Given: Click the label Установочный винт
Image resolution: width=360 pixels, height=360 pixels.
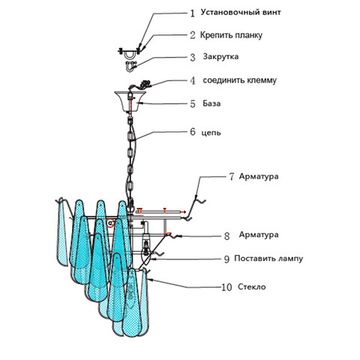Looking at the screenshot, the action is [241, 13].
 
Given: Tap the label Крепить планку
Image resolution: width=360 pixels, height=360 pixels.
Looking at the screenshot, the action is [231, 35].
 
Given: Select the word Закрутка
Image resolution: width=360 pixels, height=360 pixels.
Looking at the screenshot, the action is [221, 56].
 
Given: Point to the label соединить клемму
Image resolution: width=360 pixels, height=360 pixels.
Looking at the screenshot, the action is [239, 80].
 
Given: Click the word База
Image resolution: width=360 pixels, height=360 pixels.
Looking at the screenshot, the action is [212, 103].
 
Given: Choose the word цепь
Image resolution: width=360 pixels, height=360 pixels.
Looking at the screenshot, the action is [211, 133].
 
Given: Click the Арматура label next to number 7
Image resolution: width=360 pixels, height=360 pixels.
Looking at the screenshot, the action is [259, 177].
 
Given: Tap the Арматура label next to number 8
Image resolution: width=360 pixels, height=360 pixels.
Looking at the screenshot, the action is [259, 235].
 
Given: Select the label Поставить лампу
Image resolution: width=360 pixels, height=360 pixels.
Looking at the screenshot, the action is [268, 258].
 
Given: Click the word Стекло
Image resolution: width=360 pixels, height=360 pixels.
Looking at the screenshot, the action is [252, 286].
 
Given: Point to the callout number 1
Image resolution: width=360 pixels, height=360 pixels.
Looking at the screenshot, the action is [192, 13].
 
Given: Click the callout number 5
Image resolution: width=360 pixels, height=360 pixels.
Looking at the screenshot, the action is [193, 104].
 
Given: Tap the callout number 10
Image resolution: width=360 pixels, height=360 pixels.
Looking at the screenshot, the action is [227, 287].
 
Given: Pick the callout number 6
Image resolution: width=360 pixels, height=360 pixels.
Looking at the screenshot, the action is [193, 132].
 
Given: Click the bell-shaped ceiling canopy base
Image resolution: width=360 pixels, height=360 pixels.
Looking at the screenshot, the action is [130, 101].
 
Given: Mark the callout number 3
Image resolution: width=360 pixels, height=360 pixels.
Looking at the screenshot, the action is [193, 57].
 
